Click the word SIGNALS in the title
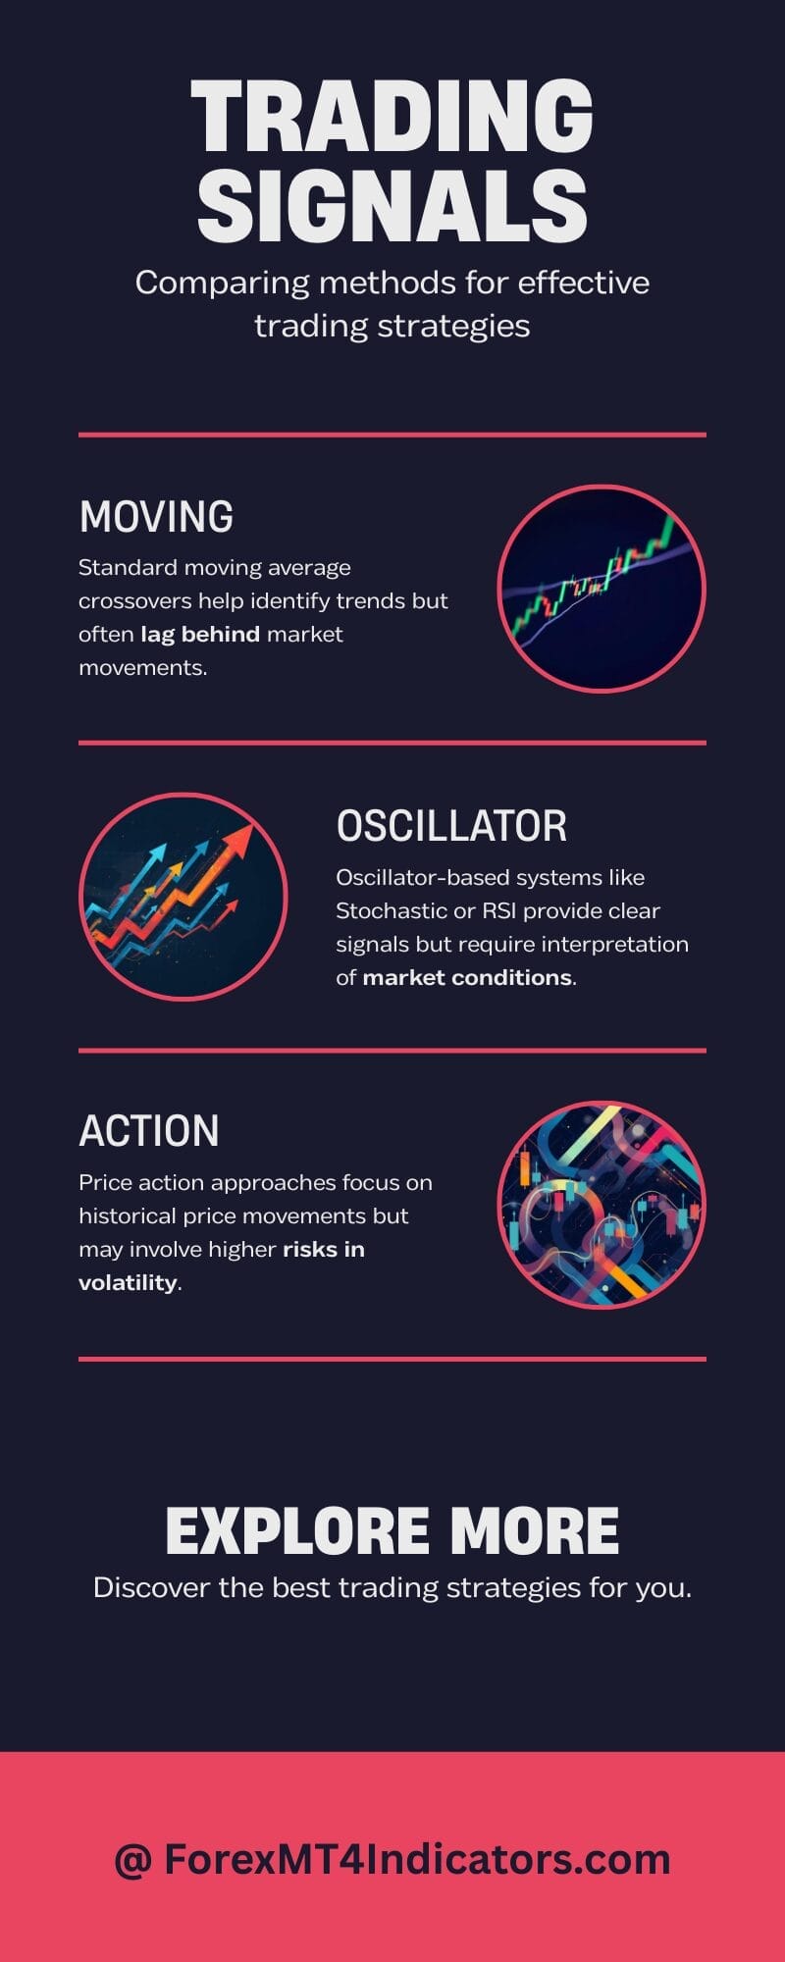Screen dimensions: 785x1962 [392, 205]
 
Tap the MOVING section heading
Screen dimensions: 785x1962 [156, 517]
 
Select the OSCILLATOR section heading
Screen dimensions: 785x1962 [451, 826]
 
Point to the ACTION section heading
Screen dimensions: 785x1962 [148, 1131]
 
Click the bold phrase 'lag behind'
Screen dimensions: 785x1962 [200, 634]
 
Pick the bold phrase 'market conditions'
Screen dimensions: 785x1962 [467, 977]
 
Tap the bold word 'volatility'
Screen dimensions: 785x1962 [128, 1282]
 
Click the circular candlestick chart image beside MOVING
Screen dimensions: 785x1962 [602, 589]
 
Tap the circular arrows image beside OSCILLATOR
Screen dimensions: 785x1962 [183, 897]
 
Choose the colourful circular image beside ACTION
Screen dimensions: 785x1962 [602, 1204]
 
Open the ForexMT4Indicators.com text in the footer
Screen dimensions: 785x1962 [417, 1859]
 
